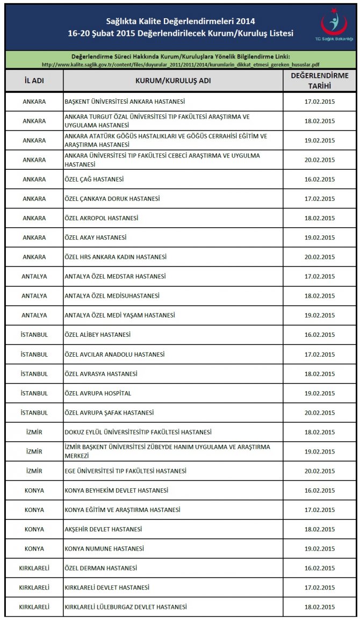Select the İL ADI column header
coord(34,81)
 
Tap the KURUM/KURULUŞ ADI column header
coord(172,81)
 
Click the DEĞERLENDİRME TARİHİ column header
coord(319,81)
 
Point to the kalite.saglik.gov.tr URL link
coord(181,64)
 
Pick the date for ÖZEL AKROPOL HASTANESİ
coord(319,218)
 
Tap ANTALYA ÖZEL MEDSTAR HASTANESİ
coord(115,276)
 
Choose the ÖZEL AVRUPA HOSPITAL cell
coord(98,393)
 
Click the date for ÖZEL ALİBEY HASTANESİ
coord(319,335)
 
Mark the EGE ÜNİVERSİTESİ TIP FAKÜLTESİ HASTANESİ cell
coord(126,471)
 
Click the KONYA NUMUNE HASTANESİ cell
coord(104,549)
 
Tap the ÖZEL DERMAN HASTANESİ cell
coord(100,568)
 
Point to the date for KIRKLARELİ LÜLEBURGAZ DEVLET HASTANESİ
coord(319,607)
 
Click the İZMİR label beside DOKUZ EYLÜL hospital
coord(34,432)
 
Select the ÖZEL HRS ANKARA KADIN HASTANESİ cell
coord(116,257)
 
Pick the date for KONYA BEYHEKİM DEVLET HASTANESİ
coord(319,491)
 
